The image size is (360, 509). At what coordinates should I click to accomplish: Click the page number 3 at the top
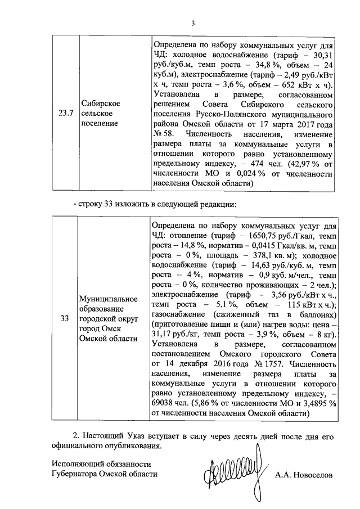point(192,23)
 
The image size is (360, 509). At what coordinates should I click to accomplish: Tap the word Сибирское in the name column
point(99,103)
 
